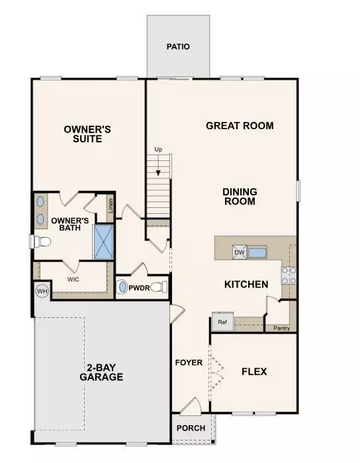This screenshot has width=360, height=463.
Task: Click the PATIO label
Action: click(x=178, y=47)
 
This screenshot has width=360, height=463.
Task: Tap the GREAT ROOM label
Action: click(x=240, y=125)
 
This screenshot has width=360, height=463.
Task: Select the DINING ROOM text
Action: click(x=240, y=197)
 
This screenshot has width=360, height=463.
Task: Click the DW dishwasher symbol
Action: click(x=239, y=252)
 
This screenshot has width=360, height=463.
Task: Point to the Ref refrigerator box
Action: click(x=221, y=323)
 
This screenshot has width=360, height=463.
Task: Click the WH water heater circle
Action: click(x=42, y=291)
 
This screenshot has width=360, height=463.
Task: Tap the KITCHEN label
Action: click(x=246, y=285)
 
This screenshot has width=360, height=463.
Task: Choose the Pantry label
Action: click(x=281, y=327)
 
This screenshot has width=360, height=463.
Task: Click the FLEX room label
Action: click(x=254, y=372)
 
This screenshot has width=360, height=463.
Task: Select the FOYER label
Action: click(x=189, y=363)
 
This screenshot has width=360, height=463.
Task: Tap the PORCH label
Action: click(x=191, y=428)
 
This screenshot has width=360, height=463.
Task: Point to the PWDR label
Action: click(x=139, y=288)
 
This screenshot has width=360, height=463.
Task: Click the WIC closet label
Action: click(x=73, y=279)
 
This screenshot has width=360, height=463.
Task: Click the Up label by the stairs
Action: click(x=158, y=150)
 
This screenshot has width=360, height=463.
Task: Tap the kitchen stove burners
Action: click(x=289, y=276)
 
